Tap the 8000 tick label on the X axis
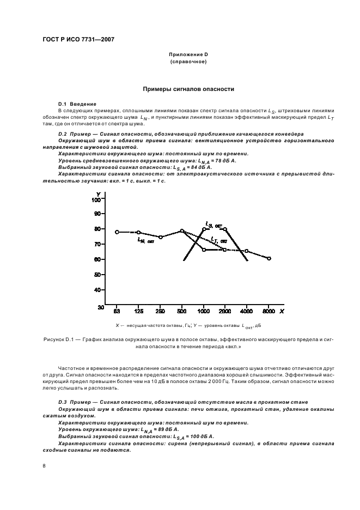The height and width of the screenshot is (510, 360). [269, 311]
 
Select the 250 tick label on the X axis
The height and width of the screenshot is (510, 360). [160, 311]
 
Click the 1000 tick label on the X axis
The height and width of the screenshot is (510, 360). [204, 311]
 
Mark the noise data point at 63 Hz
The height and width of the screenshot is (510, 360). [117, 232]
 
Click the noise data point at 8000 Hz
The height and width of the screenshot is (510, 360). [269, 258]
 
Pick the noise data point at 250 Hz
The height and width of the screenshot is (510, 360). [160, 237]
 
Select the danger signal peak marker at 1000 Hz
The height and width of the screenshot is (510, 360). [204, 229]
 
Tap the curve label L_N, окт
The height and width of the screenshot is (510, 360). [146, 240]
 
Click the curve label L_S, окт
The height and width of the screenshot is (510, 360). [213, 223]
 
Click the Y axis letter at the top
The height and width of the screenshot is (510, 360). [98, 194]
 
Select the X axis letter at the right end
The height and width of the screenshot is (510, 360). [282, 311]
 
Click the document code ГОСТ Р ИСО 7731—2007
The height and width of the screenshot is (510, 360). [78, 40]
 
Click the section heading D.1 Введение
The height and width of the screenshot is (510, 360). [77, 104]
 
